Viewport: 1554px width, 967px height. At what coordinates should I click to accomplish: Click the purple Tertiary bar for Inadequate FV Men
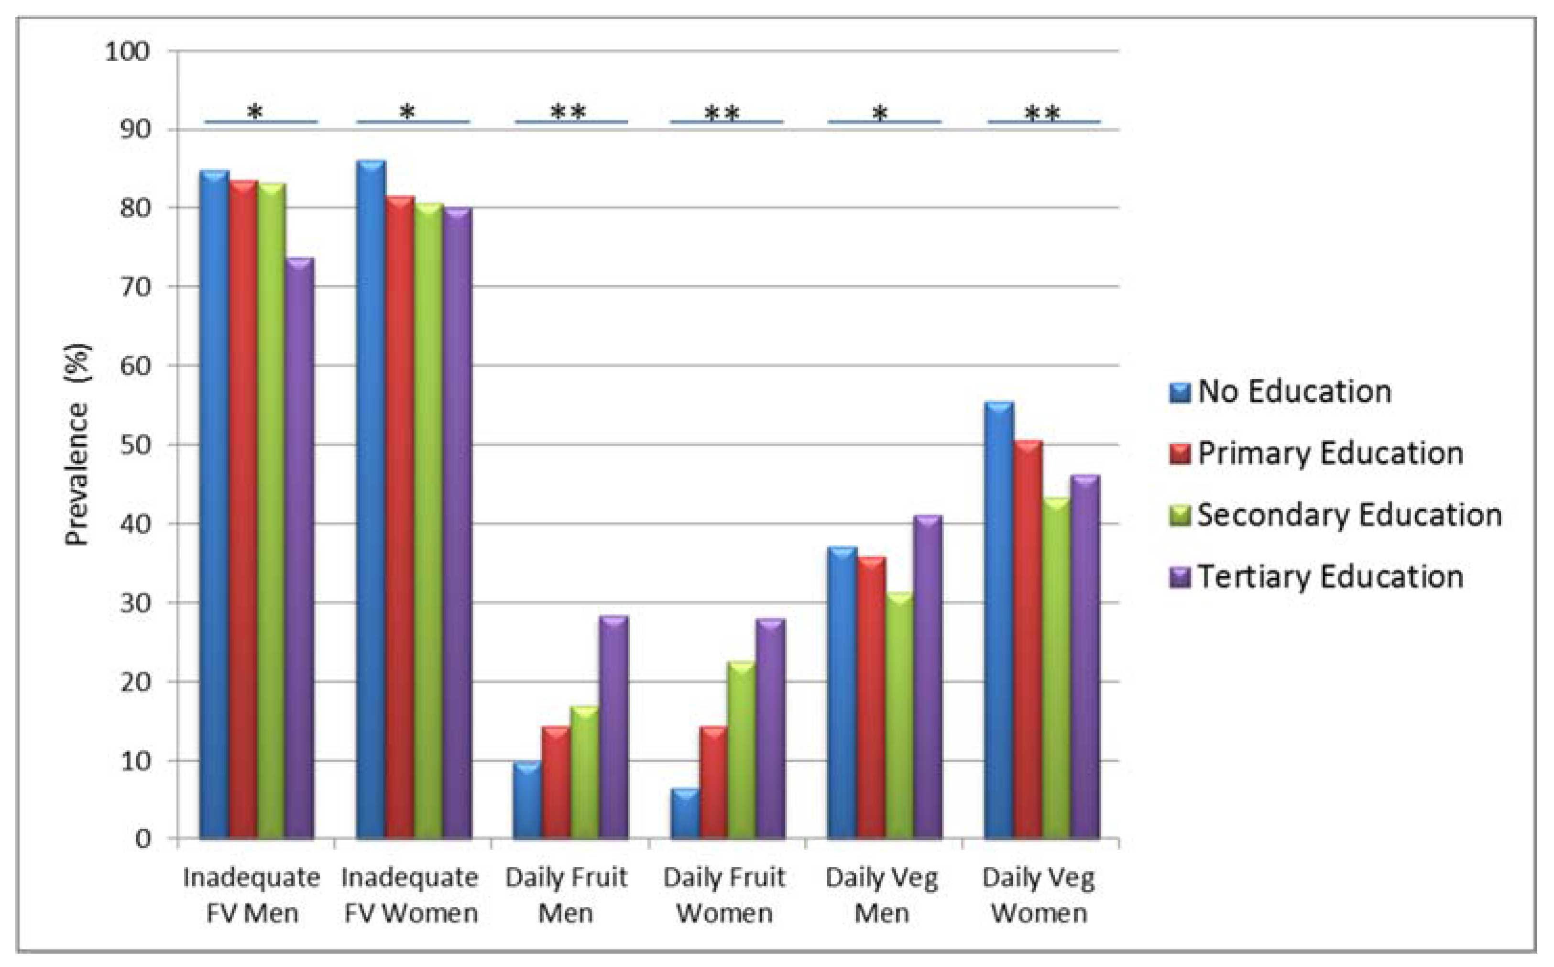[300, 550]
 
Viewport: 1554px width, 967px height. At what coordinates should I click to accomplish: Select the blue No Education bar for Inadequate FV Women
[371, 499]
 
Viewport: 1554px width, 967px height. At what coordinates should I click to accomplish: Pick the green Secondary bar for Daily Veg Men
[899, 716]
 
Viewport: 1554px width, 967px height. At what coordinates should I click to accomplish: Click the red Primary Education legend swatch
[1180, 453]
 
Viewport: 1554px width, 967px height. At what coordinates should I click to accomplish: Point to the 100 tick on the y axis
[127, 51]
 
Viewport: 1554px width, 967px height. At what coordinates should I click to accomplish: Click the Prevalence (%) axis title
[78, 444]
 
